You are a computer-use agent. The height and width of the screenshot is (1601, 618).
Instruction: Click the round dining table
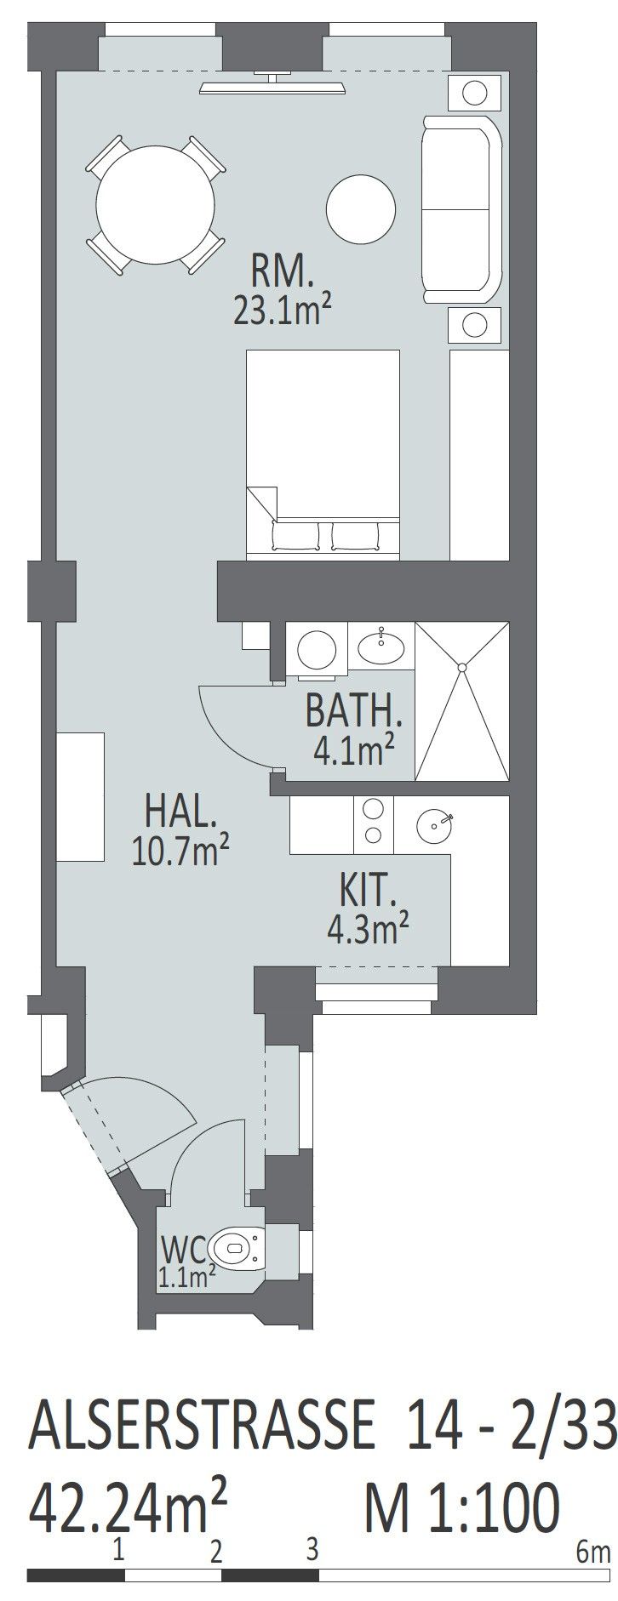pos(155,204)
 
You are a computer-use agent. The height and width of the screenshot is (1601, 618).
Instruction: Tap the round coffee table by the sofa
pos(362,208)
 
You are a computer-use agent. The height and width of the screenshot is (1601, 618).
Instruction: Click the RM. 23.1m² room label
pos(283,292)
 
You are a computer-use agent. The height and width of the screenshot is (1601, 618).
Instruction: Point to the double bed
pos(323,454)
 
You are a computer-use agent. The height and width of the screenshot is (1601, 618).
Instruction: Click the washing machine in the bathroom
pos(316,650)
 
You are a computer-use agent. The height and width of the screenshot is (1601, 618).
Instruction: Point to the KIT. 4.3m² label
pos(363,909)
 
